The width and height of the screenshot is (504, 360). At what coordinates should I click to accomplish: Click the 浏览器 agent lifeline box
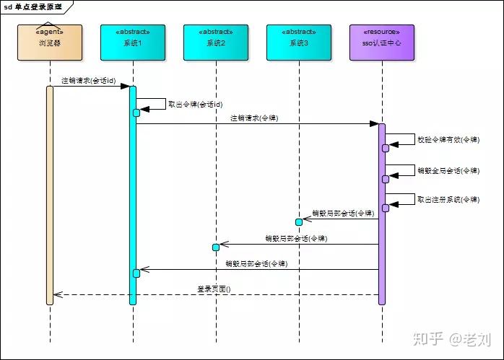click(x=50, y=43)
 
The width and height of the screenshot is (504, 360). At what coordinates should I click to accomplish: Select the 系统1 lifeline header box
click(x=133, y=43)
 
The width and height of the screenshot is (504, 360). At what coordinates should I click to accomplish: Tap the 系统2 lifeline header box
click(x=215, y=43)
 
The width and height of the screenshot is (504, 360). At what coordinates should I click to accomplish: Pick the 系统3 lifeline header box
click(x=298, y=43)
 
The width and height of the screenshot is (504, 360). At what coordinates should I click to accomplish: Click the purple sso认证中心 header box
click(x=381, y=43)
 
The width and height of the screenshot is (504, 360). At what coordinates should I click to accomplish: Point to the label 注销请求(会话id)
click(x=89, y=81)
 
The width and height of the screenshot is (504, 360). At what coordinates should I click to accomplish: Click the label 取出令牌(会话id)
click(x=195, y=105)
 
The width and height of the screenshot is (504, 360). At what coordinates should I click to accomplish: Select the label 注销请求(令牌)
click(x=254, y=118)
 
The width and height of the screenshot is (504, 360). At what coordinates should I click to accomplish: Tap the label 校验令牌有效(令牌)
click(x=448, y=139)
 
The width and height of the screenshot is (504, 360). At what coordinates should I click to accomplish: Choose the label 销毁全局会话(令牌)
click(x=448, y=171)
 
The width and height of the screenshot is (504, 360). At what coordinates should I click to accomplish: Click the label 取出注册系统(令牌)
click(x=448, y=200)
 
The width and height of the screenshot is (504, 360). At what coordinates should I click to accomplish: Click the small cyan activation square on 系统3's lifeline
click(x=298, y=221)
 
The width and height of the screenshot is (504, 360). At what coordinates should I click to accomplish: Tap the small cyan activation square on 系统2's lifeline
click(x=215, y=247)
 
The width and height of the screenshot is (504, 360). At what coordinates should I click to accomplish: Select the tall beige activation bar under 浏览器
click(x=50, y=195)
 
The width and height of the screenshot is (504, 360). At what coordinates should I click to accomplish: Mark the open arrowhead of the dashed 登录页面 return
click(x=57, y=294)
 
